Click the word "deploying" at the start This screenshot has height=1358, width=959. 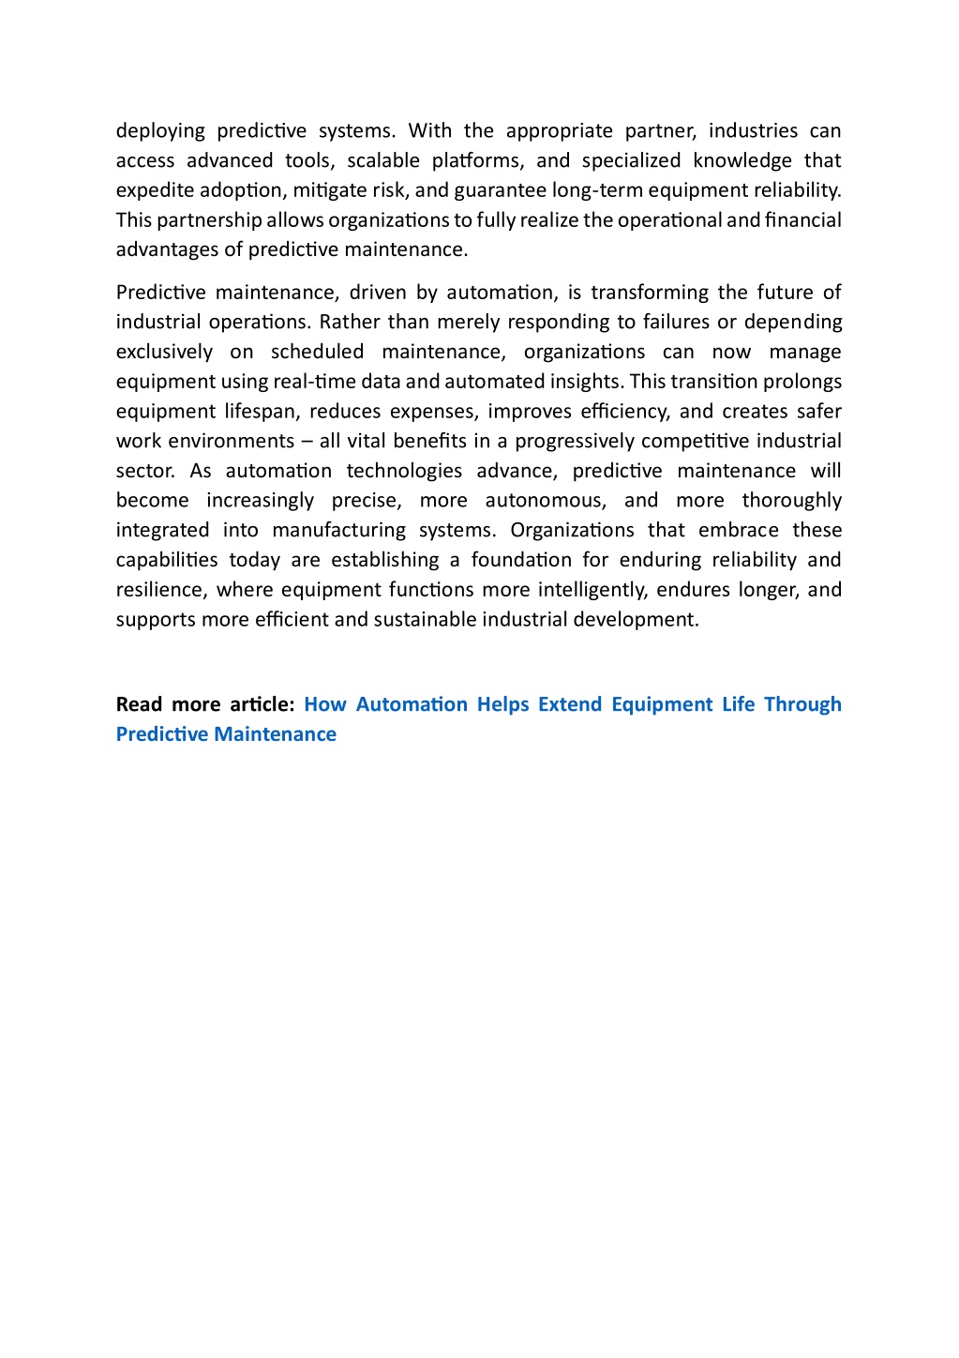(x=160, y=130)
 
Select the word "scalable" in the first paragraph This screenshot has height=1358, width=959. (x=383, y=160)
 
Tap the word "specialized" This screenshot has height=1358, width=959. (x=631, y=160)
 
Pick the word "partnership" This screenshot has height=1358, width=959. (x=209, y=220)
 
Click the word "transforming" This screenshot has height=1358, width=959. (x=649, y=293)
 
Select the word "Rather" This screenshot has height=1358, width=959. (x=348, y=322)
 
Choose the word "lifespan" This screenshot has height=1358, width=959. (x=260, y=412)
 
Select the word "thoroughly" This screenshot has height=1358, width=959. (x=791, y=501)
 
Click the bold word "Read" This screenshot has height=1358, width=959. (x=139, y=704)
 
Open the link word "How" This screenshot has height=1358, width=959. (x=324, y=704)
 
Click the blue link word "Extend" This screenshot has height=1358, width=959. (x=569, y=704)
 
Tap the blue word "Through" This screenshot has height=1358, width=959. (x=802, y=704)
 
